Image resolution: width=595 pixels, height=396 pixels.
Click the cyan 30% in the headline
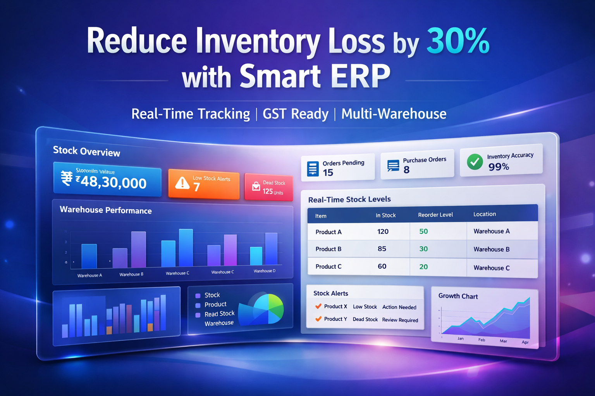458,41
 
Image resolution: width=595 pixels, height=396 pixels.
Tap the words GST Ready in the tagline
296,114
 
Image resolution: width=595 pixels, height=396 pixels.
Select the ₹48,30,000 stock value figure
113,182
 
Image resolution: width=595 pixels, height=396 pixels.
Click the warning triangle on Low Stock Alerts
182,183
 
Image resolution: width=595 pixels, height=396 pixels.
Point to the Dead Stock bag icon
256,186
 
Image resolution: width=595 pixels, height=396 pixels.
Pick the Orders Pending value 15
328,173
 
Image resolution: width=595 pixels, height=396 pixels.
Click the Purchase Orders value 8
406,170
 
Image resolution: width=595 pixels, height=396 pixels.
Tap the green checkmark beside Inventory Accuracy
475,162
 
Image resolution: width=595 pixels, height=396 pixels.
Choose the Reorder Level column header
435,215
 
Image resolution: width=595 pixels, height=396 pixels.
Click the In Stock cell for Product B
382,249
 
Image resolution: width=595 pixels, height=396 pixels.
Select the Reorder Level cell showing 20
423,267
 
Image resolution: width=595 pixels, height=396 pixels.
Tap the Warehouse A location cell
492,231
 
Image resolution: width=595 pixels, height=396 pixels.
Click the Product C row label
328,266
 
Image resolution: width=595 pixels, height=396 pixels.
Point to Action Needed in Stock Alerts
399,307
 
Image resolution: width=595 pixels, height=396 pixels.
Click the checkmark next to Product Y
318,319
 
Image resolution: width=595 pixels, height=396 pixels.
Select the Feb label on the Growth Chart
482,340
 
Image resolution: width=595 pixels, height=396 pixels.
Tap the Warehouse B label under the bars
131,274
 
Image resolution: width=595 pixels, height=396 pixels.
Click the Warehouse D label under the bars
265,271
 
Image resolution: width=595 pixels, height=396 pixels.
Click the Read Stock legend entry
219,314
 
